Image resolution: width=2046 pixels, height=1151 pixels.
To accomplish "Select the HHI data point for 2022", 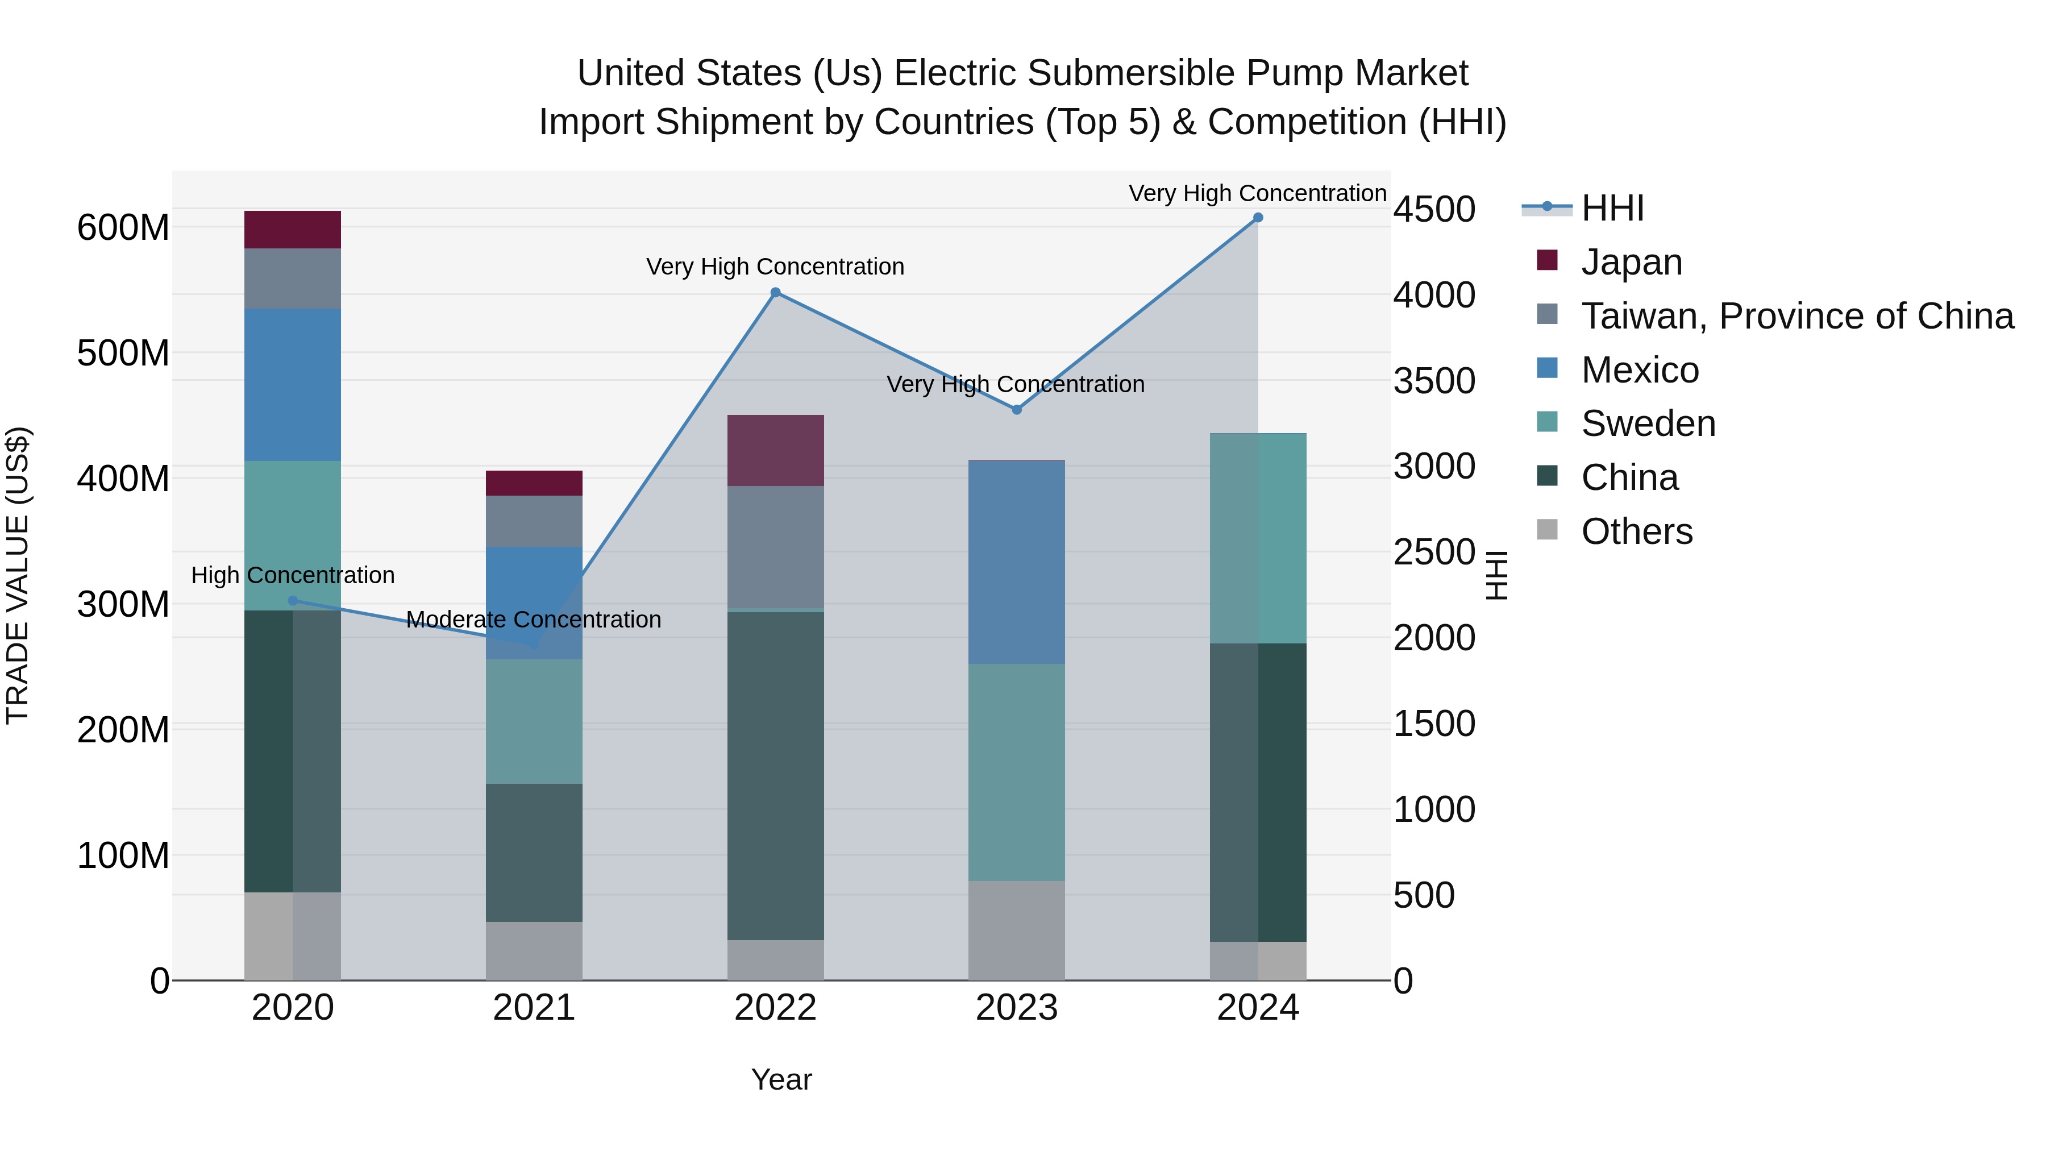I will [775, 292].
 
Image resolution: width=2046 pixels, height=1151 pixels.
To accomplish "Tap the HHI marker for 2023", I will [1017, 410].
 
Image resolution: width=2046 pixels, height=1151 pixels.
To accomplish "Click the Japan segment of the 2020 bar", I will [292, 230].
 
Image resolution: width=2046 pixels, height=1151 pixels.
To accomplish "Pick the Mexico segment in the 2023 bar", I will [1017, 562].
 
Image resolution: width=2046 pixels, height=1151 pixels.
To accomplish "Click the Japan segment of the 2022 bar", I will [775, 450].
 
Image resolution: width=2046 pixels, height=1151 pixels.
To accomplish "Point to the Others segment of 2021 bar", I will [534, 951].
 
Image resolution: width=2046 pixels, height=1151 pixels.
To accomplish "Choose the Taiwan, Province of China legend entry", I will [1797, 316].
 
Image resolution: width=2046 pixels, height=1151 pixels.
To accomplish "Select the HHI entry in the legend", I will [1612, 208].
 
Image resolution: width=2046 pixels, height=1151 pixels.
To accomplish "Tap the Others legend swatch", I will [1547, 530].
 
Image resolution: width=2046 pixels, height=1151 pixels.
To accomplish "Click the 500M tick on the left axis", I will [123, 352].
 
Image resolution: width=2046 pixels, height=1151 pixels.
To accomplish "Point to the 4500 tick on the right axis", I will [1434, 210].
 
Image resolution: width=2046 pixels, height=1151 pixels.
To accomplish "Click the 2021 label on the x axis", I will [534, 1008].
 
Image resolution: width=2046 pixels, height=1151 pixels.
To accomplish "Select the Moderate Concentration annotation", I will [534, 620].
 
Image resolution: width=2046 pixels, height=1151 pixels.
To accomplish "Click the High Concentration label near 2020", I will [292, 575].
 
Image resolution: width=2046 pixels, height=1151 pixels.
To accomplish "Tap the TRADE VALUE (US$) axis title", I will [18, 575].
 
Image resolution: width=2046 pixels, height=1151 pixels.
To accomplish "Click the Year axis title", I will [781, 1079].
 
